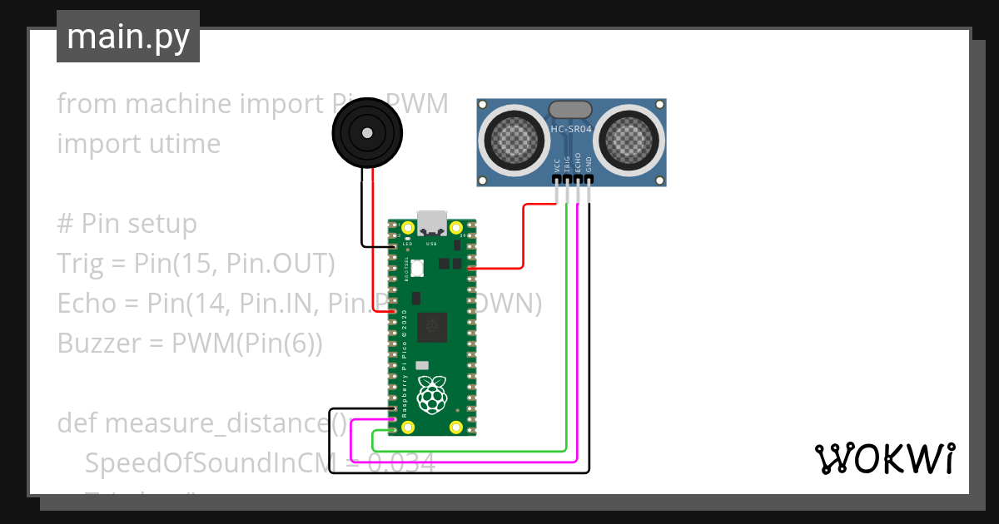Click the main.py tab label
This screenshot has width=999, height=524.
pyautogui.click(x=127, y=37)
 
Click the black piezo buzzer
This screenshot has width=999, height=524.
pyautogui.click(x=366, y=132)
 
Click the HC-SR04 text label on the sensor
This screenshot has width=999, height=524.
pyautogui.click(x=571, y=129)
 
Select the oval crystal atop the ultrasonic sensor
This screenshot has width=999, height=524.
pyautogui.click(x=570, y=109)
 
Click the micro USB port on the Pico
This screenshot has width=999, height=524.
pyautogui.click(x=431, y=222)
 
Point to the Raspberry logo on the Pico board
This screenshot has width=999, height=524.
pyautogui.click(x=431, y=395)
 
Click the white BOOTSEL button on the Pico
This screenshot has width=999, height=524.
pyautogui.click(x=417, y=268)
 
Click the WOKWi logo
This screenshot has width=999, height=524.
pyautogui.click(x=884, y=458)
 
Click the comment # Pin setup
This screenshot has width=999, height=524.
pyautogui.click(x=127, y=223)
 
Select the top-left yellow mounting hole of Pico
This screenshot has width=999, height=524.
pyautogui.click(x=408, y=228)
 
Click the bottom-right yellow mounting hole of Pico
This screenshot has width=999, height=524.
pyautogui.click(x=455, y=427)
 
